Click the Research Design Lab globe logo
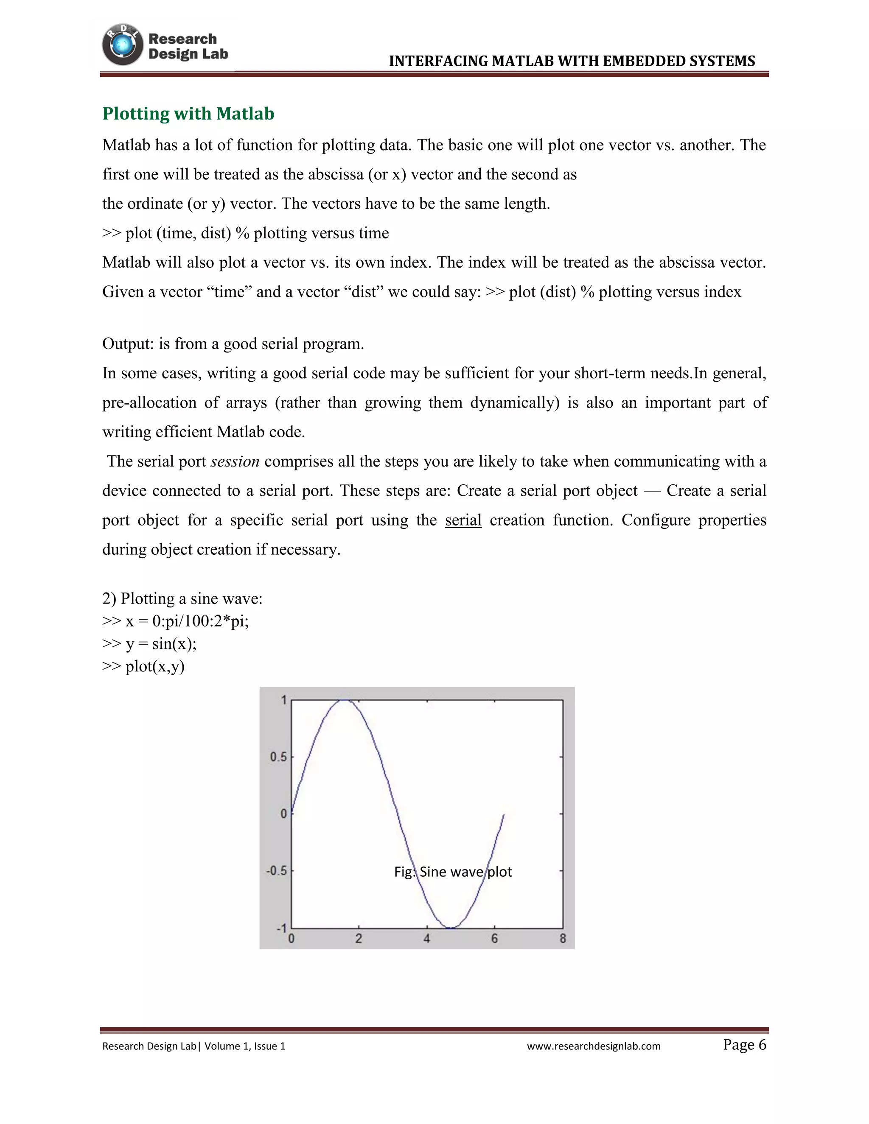click(123, 45)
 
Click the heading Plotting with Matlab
click(188, 113)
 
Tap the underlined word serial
click(463, 520)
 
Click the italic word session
click(235, 461)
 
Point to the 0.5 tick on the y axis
click(278, 757)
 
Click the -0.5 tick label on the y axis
click(276, 871)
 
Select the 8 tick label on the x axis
click(563, 939)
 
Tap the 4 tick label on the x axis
click(427, 939)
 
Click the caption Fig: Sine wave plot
click(453, 872)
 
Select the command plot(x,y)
click(154, 666)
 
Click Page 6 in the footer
click(744, 1045)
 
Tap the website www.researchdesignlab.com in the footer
click(594, 1046)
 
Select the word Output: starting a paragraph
click(128, 344)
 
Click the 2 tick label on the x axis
click(359, 939)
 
